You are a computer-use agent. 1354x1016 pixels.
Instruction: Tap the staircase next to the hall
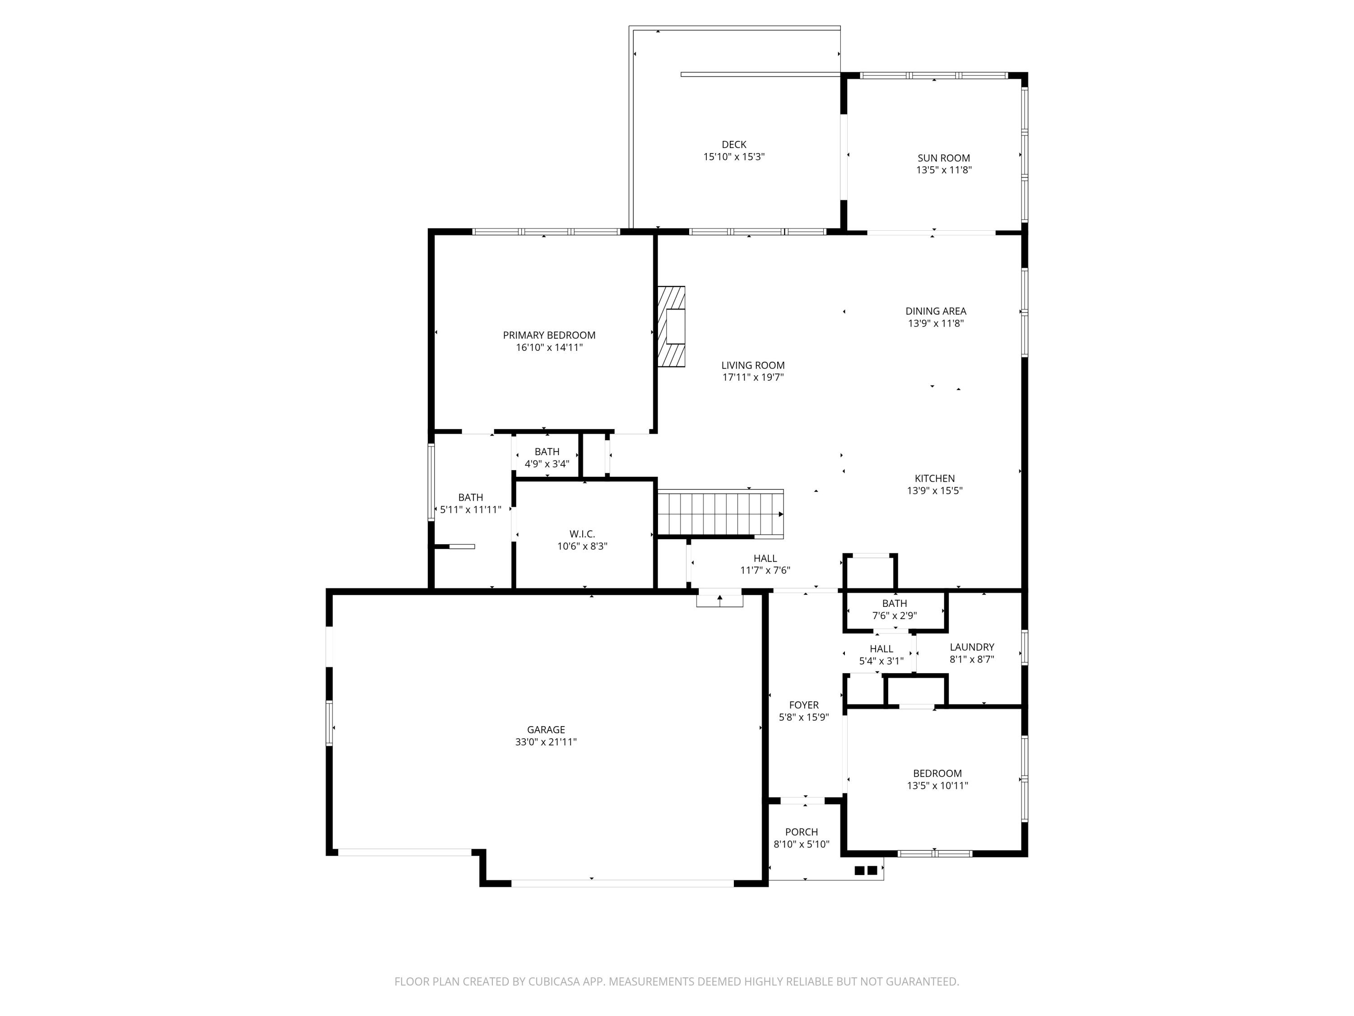click(720, 513)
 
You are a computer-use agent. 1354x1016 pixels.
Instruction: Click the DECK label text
click(733, 144)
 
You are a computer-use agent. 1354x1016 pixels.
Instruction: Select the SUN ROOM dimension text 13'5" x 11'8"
click(943, 170)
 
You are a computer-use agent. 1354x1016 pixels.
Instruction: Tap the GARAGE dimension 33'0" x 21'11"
click(545, 741)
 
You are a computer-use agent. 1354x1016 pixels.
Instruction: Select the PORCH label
click(801, 832)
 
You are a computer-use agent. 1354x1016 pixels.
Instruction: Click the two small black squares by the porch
click(866, 870)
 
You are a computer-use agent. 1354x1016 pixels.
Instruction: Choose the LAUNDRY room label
click(971, 647)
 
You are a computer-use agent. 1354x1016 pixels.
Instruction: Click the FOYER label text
click(803, 705)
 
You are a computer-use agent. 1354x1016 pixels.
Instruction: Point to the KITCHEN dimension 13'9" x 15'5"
click(934, 490)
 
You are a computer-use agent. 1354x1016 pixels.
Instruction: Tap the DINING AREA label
click(935, 311)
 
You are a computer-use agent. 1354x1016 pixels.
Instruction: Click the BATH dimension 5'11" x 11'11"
click(470, 509)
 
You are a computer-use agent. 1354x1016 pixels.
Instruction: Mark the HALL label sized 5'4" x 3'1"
click(881, 648)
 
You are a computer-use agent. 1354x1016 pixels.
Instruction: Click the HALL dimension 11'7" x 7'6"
click(765, 570)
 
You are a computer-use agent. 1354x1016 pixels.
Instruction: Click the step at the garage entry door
click(719, 601)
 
